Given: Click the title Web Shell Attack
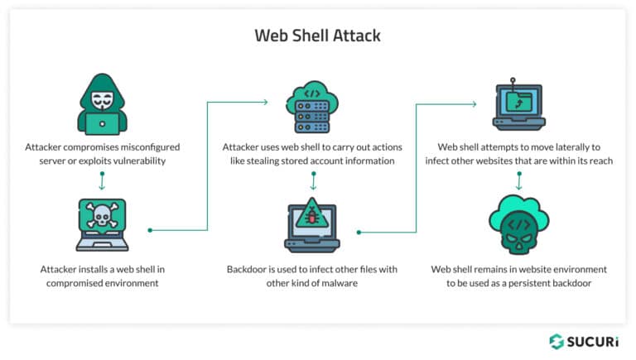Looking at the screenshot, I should point(317,36).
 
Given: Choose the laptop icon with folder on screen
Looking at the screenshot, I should point(518,106).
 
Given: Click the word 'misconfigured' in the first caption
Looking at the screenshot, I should point(151,146).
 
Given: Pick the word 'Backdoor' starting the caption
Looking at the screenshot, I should point(248,269).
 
